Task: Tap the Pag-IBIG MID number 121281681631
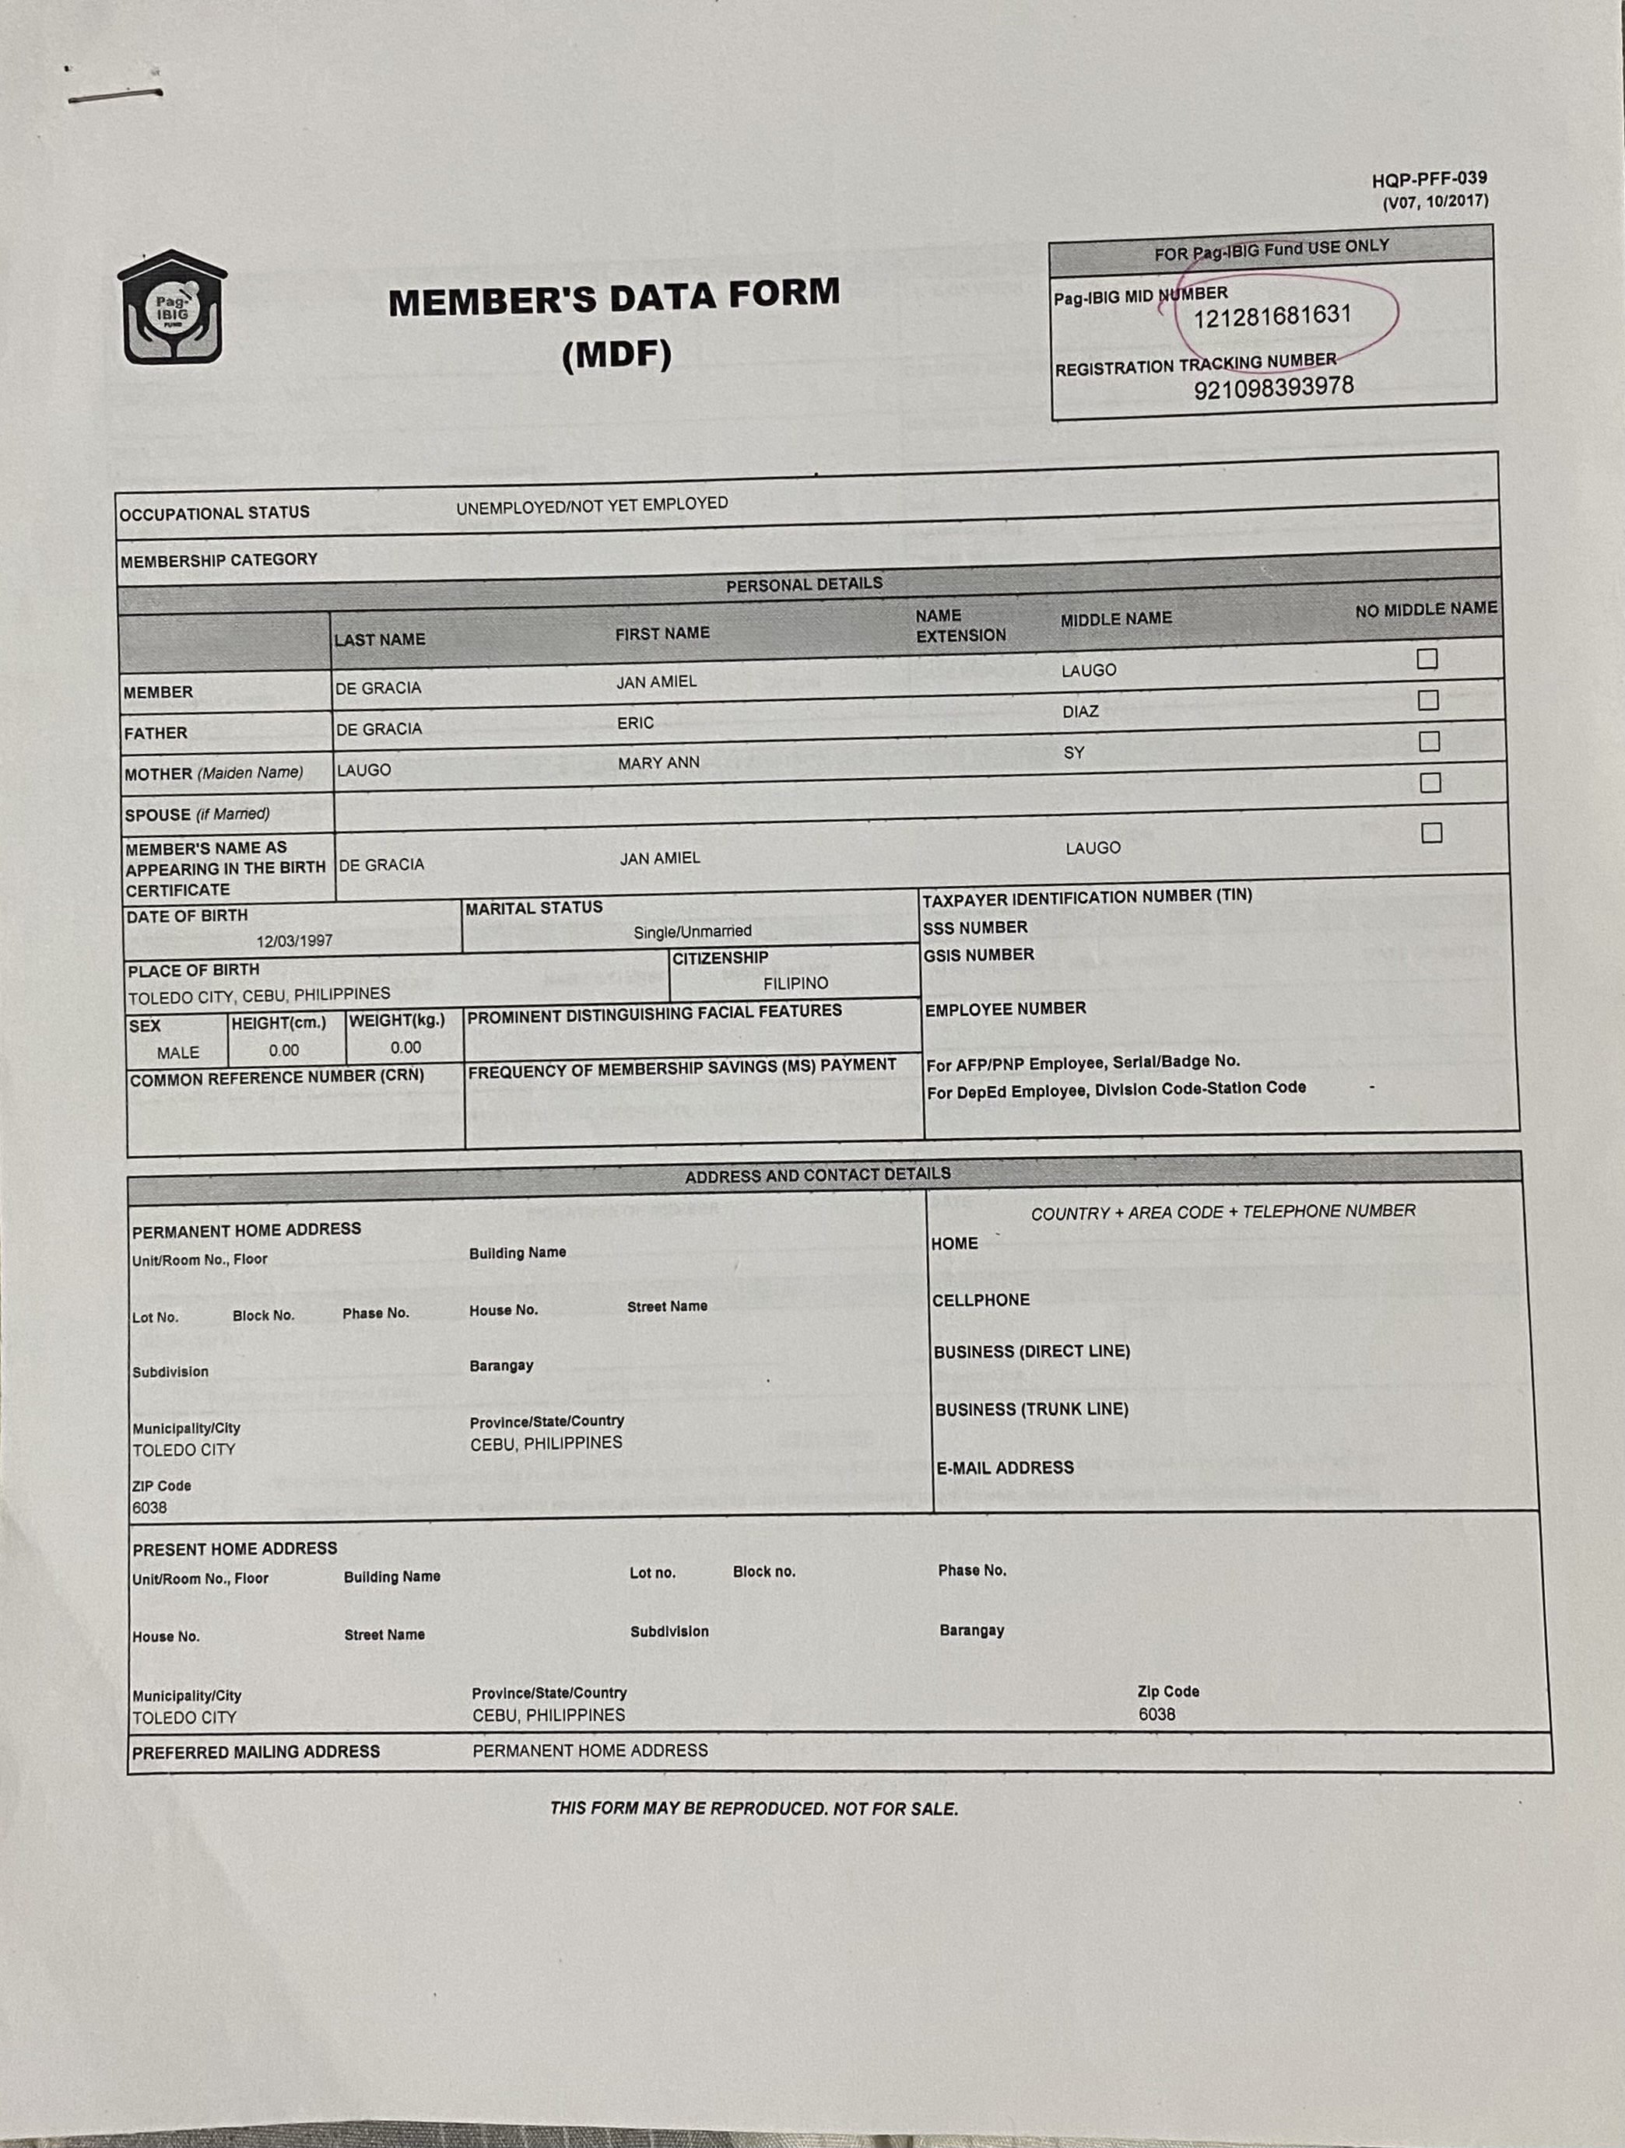point(1272,317)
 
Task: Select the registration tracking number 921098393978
point(1273,387)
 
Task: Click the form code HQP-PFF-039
point(1429,180)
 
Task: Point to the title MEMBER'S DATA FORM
point(614,298)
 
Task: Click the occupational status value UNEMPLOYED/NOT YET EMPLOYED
point(591,505)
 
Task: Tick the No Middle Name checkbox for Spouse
point(1430,783)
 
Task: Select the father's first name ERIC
point(635,724)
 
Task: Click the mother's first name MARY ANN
point(658,764)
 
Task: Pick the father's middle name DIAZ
point(1080,712)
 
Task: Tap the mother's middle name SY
point(1073,752)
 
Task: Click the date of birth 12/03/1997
point(294,941)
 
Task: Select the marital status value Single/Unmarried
point(693,932)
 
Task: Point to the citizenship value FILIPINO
point(795,983)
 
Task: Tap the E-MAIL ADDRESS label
point(1004,1468)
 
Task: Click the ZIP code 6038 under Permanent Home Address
point(149,1508)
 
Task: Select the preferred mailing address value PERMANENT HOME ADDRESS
point(590,1750)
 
